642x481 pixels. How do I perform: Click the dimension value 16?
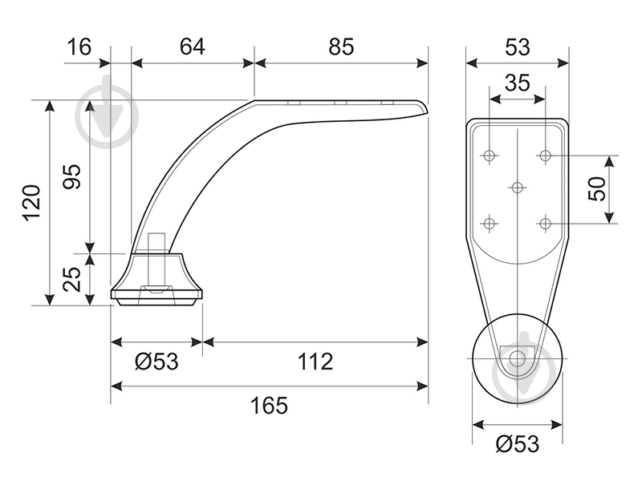pos(79,46)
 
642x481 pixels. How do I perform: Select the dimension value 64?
pos(192,46)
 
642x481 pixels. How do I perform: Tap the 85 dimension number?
pos(340,46)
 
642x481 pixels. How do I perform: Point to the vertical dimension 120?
pos(32,203)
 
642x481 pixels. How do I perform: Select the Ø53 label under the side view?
pos(156,362)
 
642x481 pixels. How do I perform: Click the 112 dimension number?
pos(315,362)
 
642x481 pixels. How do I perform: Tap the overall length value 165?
pos(269,406)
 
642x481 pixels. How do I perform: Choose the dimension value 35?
pos(517,83)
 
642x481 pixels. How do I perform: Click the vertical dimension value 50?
pos(596,188)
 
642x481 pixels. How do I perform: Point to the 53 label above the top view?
pos(517,46)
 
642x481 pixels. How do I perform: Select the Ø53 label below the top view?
pos(518,444)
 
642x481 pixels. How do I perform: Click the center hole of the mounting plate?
pos(518,188)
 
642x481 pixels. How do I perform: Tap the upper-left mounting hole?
pos(490,156)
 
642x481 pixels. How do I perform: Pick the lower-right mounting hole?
pos(545,224)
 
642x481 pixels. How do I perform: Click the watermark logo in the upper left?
pos(107,116)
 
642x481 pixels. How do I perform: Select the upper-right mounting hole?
pos(545,156)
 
